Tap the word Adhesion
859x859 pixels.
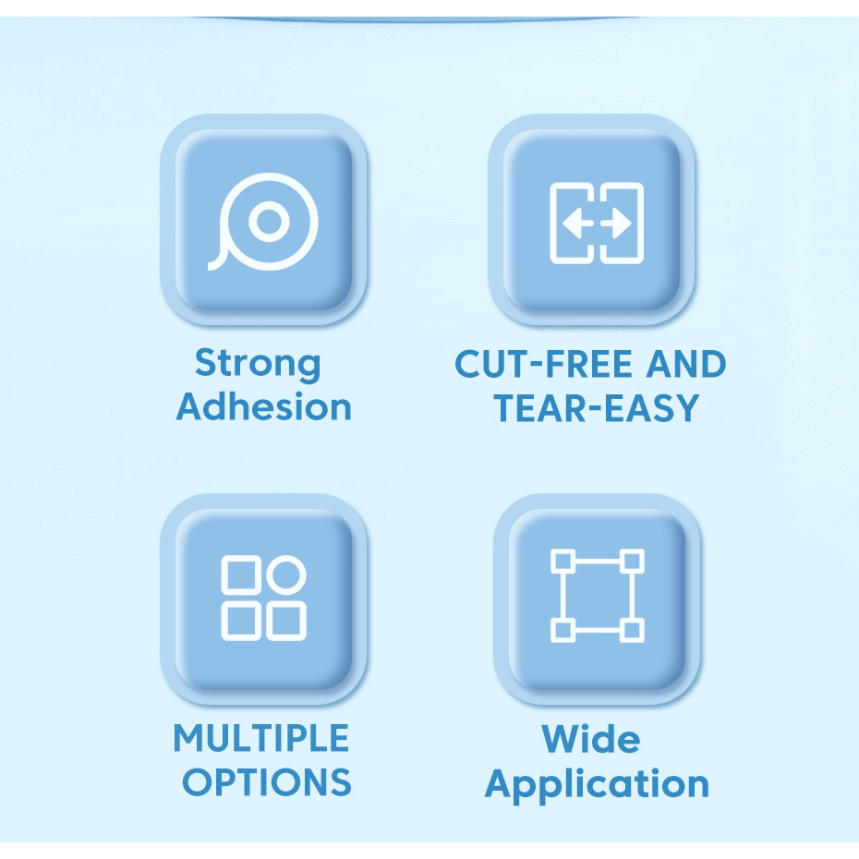264,406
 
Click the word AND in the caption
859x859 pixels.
686,365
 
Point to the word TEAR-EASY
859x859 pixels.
596,407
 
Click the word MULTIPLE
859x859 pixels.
261,739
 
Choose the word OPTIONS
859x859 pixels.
266,782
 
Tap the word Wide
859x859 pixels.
590,739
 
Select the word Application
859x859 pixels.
597,784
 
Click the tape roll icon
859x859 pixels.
264,222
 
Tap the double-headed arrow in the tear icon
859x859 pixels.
597,224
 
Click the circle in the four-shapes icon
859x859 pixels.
286,575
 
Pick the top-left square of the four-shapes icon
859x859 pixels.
240,575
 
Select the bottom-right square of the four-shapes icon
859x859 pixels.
286,621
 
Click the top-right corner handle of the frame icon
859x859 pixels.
632,560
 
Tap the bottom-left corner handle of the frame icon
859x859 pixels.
562,630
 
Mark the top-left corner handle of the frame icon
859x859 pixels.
562,560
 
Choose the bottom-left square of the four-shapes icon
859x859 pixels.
240,621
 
